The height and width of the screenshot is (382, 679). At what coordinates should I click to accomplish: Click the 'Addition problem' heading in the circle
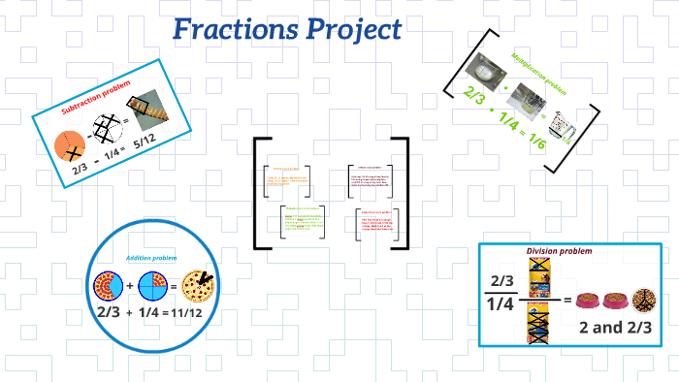click(150, 257)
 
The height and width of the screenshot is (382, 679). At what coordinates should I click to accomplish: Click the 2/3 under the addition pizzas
click(108, 312)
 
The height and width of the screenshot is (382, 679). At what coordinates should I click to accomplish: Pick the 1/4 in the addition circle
click(148, 312)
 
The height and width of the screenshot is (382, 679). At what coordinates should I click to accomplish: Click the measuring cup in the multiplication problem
click(482, 71)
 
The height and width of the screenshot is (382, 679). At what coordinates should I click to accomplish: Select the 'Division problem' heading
click(559, 252)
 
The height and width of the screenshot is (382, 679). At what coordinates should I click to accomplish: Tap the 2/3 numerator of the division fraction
click(501, 281)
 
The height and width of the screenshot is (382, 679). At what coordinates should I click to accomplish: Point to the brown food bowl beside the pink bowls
click(643, 298)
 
